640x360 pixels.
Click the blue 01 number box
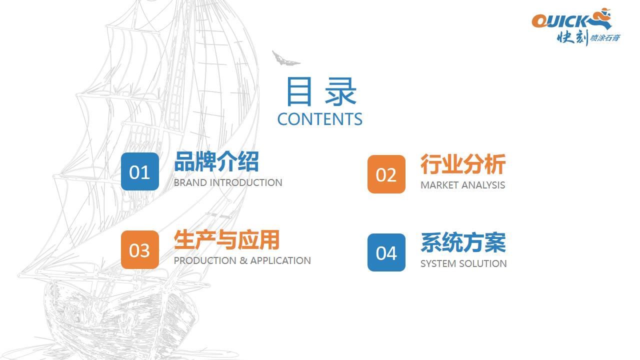click(139, 171)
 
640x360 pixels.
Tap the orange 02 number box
click(386, 174)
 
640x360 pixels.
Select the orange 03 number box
click(139, 249)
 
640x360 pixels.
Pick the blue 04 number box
click(386, 252)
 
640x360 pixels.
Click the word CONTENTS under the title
click(319, 119)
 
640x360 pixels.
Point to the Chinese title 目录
click(321, 91)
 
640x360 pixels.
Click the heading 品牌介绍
click(216, 161)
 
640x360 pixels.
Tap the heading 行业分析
click(463, 164)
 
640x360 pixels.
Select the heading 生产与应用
click(226, 240)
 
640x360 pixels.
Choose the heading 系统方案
click(463, 242)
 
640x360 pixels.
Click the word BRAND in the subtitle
click(190, 183)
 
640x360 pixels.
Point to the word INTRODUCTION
click(246, 183)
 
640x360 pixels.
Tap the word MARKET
click(439, 185)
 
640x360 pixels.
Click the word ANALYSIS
click(483, 185)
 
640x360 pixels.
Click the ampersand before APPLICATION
click(243, 260)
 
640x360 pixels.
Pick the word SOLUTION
click(483, 263)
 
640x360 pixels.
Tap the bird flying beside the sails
click(285, 58)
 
